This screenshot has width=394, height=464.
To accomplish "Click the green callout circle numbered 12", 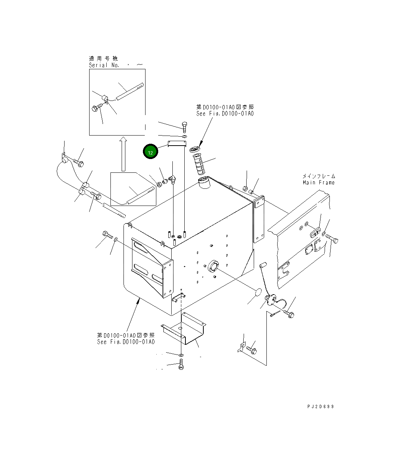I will pyautogui.click(x=150, y=152).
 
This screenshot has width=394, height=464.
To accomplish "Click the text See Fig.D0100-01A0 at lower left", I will pyautogui.click(x=126, y=342).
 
